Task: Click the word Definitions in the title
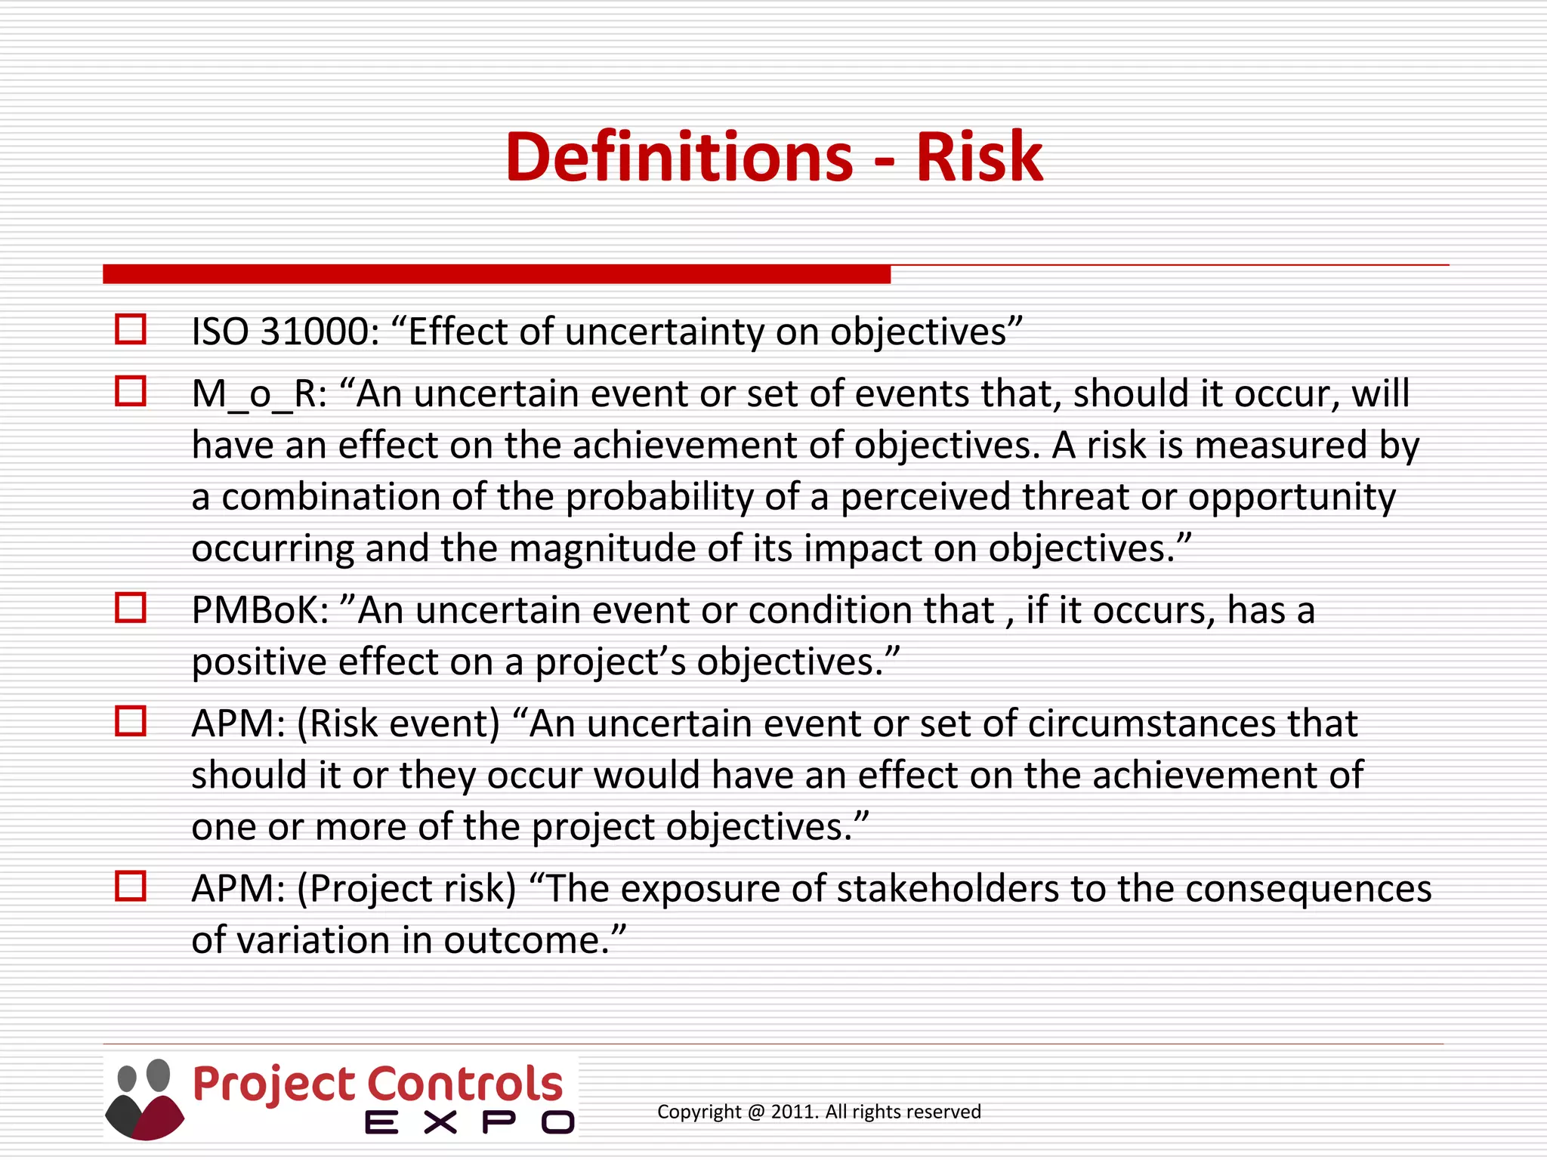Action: (678, 157)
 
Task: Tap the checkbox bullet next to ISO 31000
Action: (130, 329)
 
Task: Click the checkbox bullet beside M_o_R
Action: (130, 391)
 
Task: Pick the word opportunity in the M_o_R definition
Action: (1291, 497)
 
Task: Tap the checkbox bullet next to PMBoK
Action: (130, 607)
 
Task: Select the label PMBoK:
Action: (260, 610)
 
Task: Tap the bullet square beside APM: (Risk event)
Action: (130, 721)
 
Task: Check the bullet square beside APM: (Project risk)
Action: (130, 886)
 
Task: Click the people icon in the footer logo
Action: (144, 1099)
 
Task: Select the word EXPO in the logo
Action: (469, 1123)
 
